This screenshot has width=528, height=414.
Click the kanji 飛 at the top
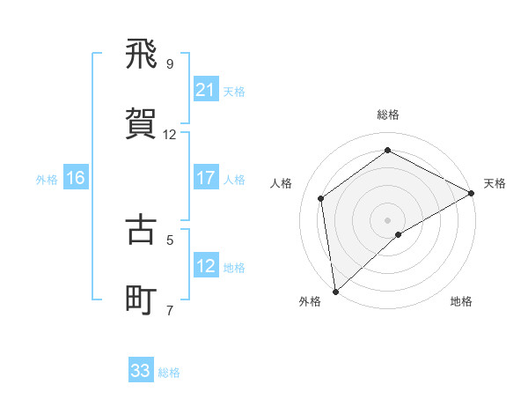[x=142, y=55]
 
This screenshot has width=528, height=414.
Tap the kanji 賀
[x=142, y=122]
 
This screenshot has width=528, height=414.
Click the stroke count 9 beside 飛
[x=170, y=63]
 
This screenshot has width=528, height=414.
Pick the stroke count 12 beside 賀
[x=170, y=135]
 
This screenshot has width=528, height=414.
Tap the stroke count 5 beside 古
[x=170, y=239]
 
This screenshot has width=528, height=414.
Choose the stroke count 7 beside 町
[x=170, y=310]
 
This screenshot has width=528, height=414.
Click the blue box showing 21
[x=205, y=89]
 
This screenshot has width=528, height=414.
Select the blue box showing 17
[x=205, y=178]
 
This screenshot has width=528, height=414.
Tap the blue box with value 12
[x=205, y=266]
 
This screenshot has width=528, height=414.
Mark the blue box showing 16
[x=76, y=178]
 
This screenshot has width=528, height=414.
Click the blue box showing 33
[x=141, y=371]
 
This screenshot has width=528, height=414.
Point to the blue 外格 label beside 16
[x=47, y=179]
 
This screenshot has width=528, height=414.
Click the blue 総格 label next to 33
[x=169, y=373]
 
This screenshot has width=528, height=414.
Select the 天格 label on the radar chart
[x=495, y=183]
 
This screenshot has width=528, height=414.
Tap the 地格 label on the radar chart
[x=461, y=301]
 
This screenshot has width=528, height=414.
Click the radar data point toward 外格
[x=335, y=291]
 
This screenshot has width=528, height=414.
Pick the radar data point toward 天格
[x=472, y=193]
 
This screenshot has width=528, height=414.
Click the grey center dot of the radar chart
[x=387, y=219]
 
